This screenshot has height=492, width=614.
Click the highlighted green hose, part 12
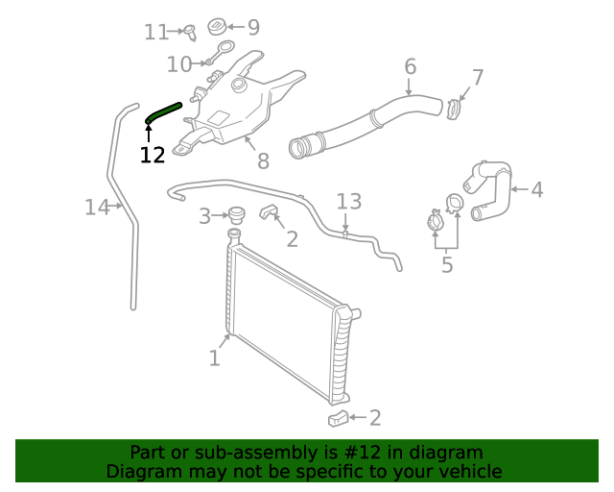[x=164, y=111]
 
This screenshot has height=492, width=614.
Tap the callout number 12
[x=153, y=155]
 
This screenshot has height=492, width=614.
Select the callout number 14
[x=97, y=207]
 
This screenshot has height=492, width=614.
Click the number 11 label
[x=156, y=32]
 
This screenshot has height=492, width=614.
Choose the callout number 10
[x=178, y=64]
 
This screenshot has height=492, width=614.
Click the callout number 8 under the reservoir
[x=263, y=162]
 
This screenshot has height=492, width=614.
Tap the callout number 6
[x=410, y=66]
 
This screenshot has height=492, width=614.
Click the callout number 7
[x=477, y=78]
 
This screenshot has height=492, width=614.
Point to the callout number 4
[x=536, y=189]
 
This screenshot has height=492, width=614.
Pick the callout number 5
[x=447, y=264]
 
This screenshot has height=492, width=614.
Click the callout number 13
[x=349, y=201]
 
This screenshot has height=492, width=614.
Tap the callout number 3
[x=204, y=216]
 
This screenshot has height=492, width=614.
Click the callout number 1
[x=215, y=358]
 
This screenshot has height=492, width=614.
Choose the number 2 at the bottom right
[x=375, y=417]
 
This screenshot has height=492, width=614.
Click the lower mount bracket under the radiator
[x=338, y=417]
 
